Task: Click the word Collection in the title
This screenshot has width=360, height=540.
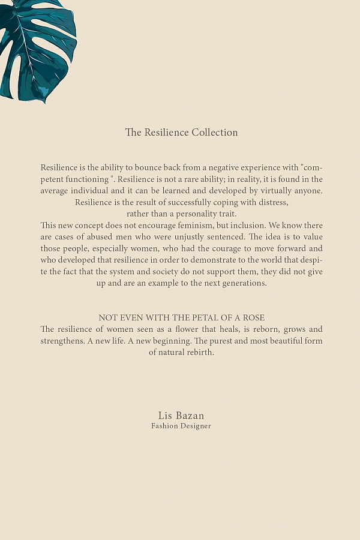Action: tap(215, 133)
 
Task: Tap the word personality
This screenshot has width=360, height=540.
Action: tap(197, 214)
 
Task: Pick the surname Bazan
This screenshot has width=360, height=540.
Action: tap(190, 416)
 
